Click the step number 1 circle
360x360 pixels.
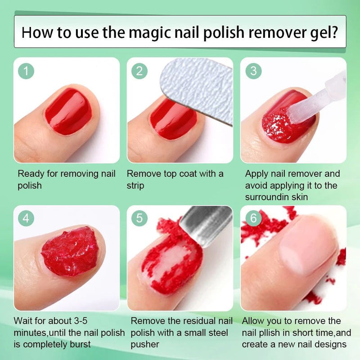27,71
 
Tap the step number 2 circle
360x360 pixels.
139,71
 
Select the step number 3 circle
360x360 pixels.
253,71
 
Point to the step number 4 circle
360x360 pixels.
27,218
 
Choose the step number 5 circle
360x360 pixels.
139,218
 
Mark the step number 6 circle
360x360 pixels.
253,218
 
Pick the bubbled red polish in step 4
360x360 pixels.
70,252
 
